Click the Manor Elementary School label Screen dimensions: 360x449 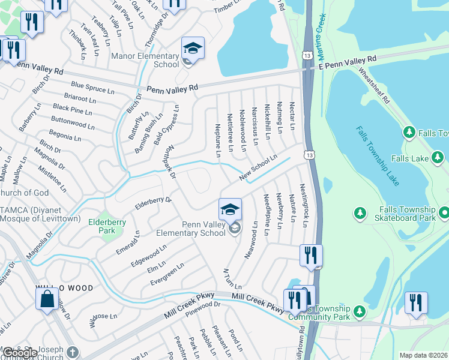145,59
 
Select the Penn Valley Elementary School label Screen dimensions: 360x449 190,229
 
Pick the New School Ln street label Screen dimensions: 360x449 258,167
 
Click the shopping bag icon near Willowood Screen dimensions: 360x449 47,298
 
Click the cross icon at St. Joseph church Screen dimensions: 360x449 73,352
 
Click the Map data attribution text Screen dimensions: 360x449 423,355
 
